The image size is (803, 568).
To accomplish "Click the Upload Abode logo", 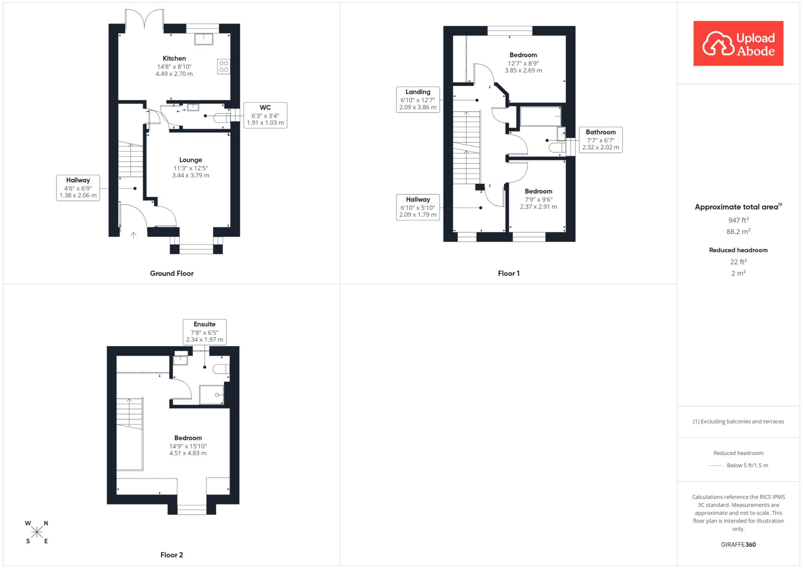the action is click(x=738, y=44).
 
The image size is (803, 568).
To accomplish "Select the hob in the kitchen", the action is click(x=223, y=66).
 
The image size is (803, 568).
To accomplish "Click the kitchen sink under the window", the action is click(x=203, y=39).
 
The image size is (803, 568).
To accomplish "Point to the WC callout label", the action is click(x=265, y=115).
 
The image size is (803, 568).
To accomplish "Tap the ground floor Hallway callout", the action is click(x=78, y=188).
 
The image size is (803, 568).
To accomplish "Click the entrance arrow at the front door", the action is click(x=133, y=235).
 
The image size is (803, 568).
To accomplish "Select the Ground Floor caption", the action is click(x=172, y=274).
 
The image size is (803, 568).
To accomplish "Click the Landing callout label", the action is click(x=418, y=100).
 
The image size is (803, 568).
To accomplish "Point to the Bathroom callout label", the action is click(x=601, y=140).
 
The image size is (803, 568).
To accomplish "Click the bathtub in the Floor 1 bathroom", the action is click(x=540, y=116).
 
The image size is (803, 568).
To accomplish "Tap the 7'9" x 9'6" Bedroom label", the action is click(x=538, y=199).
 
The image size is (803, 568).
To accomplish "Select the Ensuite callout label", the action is click(x=205, y=332).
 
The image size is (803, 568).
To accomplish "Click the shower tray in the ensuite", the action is click(x=212, y=394).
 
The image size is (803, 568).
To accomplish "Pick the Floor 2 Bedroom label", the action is click(x=188, y=445).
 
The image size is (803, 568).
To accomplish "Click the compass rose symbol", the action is click(x=37, y=532).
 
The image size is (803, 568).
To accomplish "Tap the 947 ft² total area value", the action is click(x=738, y=220).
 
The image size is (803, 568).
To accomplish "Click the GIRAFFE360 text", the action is click(x=738, y=544).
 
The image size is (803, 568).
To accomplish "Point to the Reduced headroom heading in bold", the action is click(x=738, y=250).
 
